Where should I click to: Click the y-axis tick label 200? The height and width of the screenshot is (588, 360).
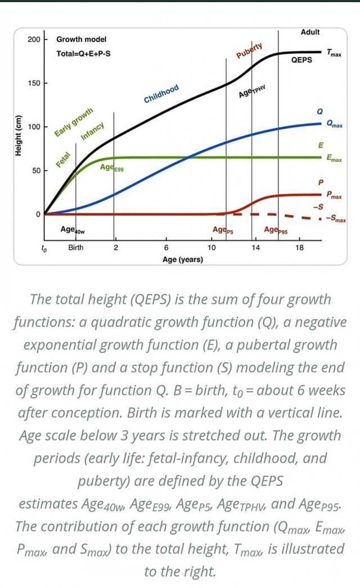tap(33, 39)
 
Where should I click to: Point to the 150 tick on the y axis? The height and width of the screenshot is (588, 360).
tap(34, 83)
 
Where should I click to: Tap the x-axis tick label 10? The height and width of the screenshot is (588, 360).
tap(212, 248)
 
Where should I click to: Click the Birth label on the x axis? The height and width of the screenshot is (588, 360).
tap(76, 248)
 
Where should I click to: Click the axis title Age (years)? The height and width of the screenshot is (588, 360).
tap(182, 259)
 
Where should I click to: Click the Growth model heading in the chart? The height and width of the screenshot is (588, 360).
tap(82, 39)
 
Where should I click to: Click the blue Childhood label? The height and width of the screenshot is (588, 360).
tap(161, 94)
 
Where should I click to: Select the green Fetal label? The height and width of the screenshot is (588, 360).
tap(63, 159)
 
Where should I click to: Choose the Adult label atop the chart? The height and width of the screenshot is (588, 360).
tap(310, 32)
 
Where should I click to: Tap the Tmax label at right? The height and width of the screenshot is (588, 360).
tap(333, 53)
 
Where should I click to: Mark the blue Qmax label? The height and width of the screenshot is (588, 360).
tap(334, 124)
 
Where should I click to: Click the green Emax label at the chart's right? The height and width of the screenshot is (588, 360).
tap(334, 159)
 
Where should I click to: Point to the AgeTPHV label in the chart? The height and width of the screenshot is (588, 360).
tap(251, 92)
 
